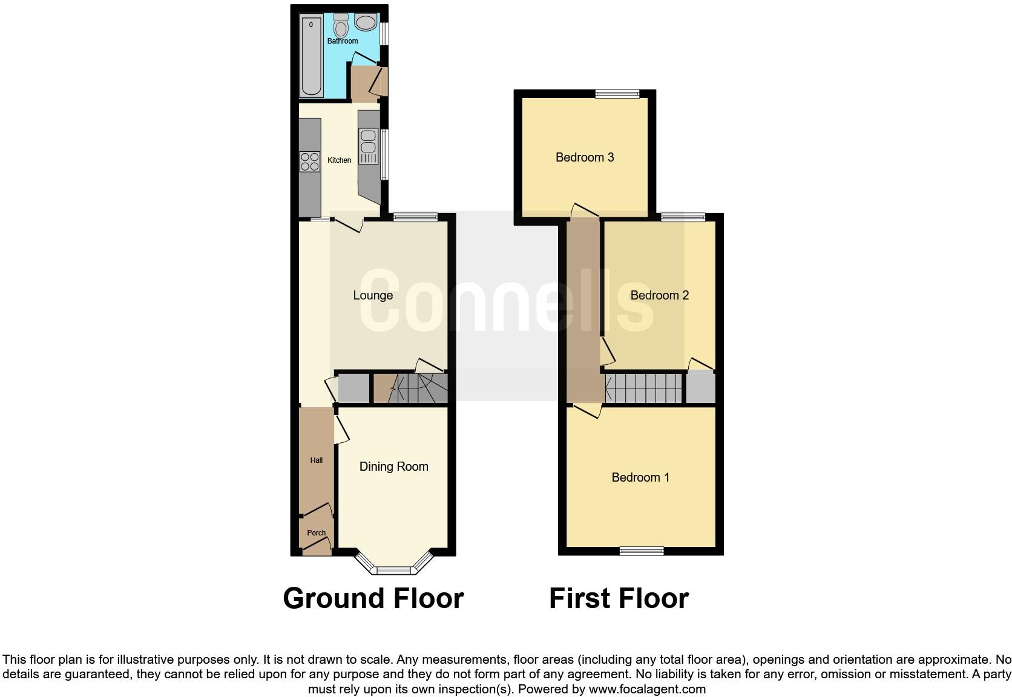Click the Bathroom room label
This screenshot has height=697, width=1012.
[343, 41]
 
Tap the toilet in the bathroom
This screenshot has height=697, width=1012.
[341, 26]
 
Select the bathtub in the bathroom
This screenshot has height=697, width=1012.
[311, 56]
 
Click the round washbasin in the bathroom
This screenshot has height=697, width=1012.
[366, 23]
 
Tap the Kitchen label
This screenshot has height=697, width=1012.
[339, 160]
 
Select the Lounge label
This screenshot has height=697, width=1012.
[373, 295]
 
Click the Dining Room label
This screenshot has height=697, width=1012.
[393, 466]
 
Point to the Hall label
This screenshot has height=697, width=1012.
[317, 460]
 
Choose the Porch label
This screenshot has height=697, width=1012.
[317, 533]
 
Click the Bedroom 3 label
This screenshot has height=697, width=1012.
[585, 157]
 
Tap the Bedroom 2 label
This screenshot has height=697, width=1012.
[660, 295]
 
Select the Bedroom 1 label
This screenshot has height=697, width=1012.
[640, 477]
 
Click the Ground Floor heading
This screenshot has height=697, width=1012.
[373, 598]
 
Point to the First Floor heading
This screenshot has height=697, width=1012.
[619, 598]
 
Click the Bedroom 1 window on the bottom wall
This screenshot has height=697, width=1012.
[642, 551]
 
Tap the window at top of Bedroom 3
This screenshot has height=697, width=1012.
[617, 93]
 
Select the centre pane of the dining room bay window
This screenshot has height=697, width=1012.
[394, 570]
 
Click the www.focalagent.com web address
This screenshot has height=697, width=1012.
[647, 689]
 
